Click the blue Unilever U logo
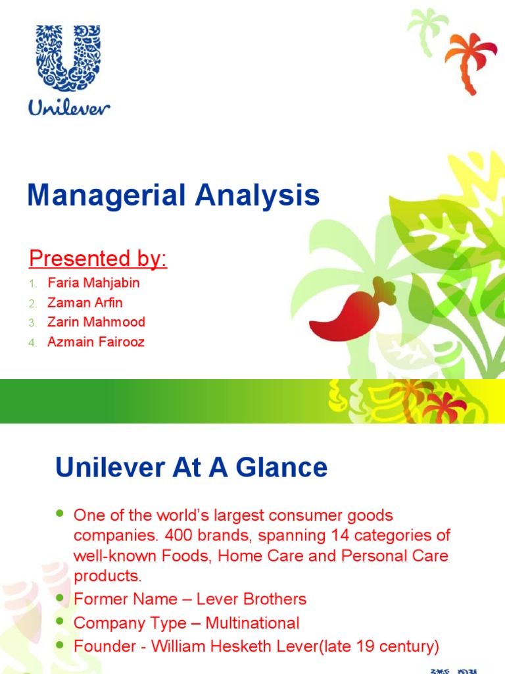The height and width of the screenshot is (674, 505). coord(69,58)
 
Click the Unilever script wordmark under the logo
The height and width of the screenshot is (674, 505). coord(69,106)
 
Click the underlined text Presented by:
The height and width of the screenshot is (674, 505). coord(98,259)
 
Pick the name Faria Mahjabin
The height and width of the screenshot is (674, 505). coord(93,283)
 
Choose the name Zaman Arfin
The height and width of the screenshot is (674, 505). coord(84,303)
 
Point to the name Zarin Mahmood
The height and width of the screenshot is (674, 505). coord(96,323)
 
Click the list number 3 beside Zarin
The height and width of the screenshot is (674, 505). coord(31,323)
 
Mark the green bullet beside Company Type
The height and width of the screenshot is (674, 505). coord(61,621)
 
